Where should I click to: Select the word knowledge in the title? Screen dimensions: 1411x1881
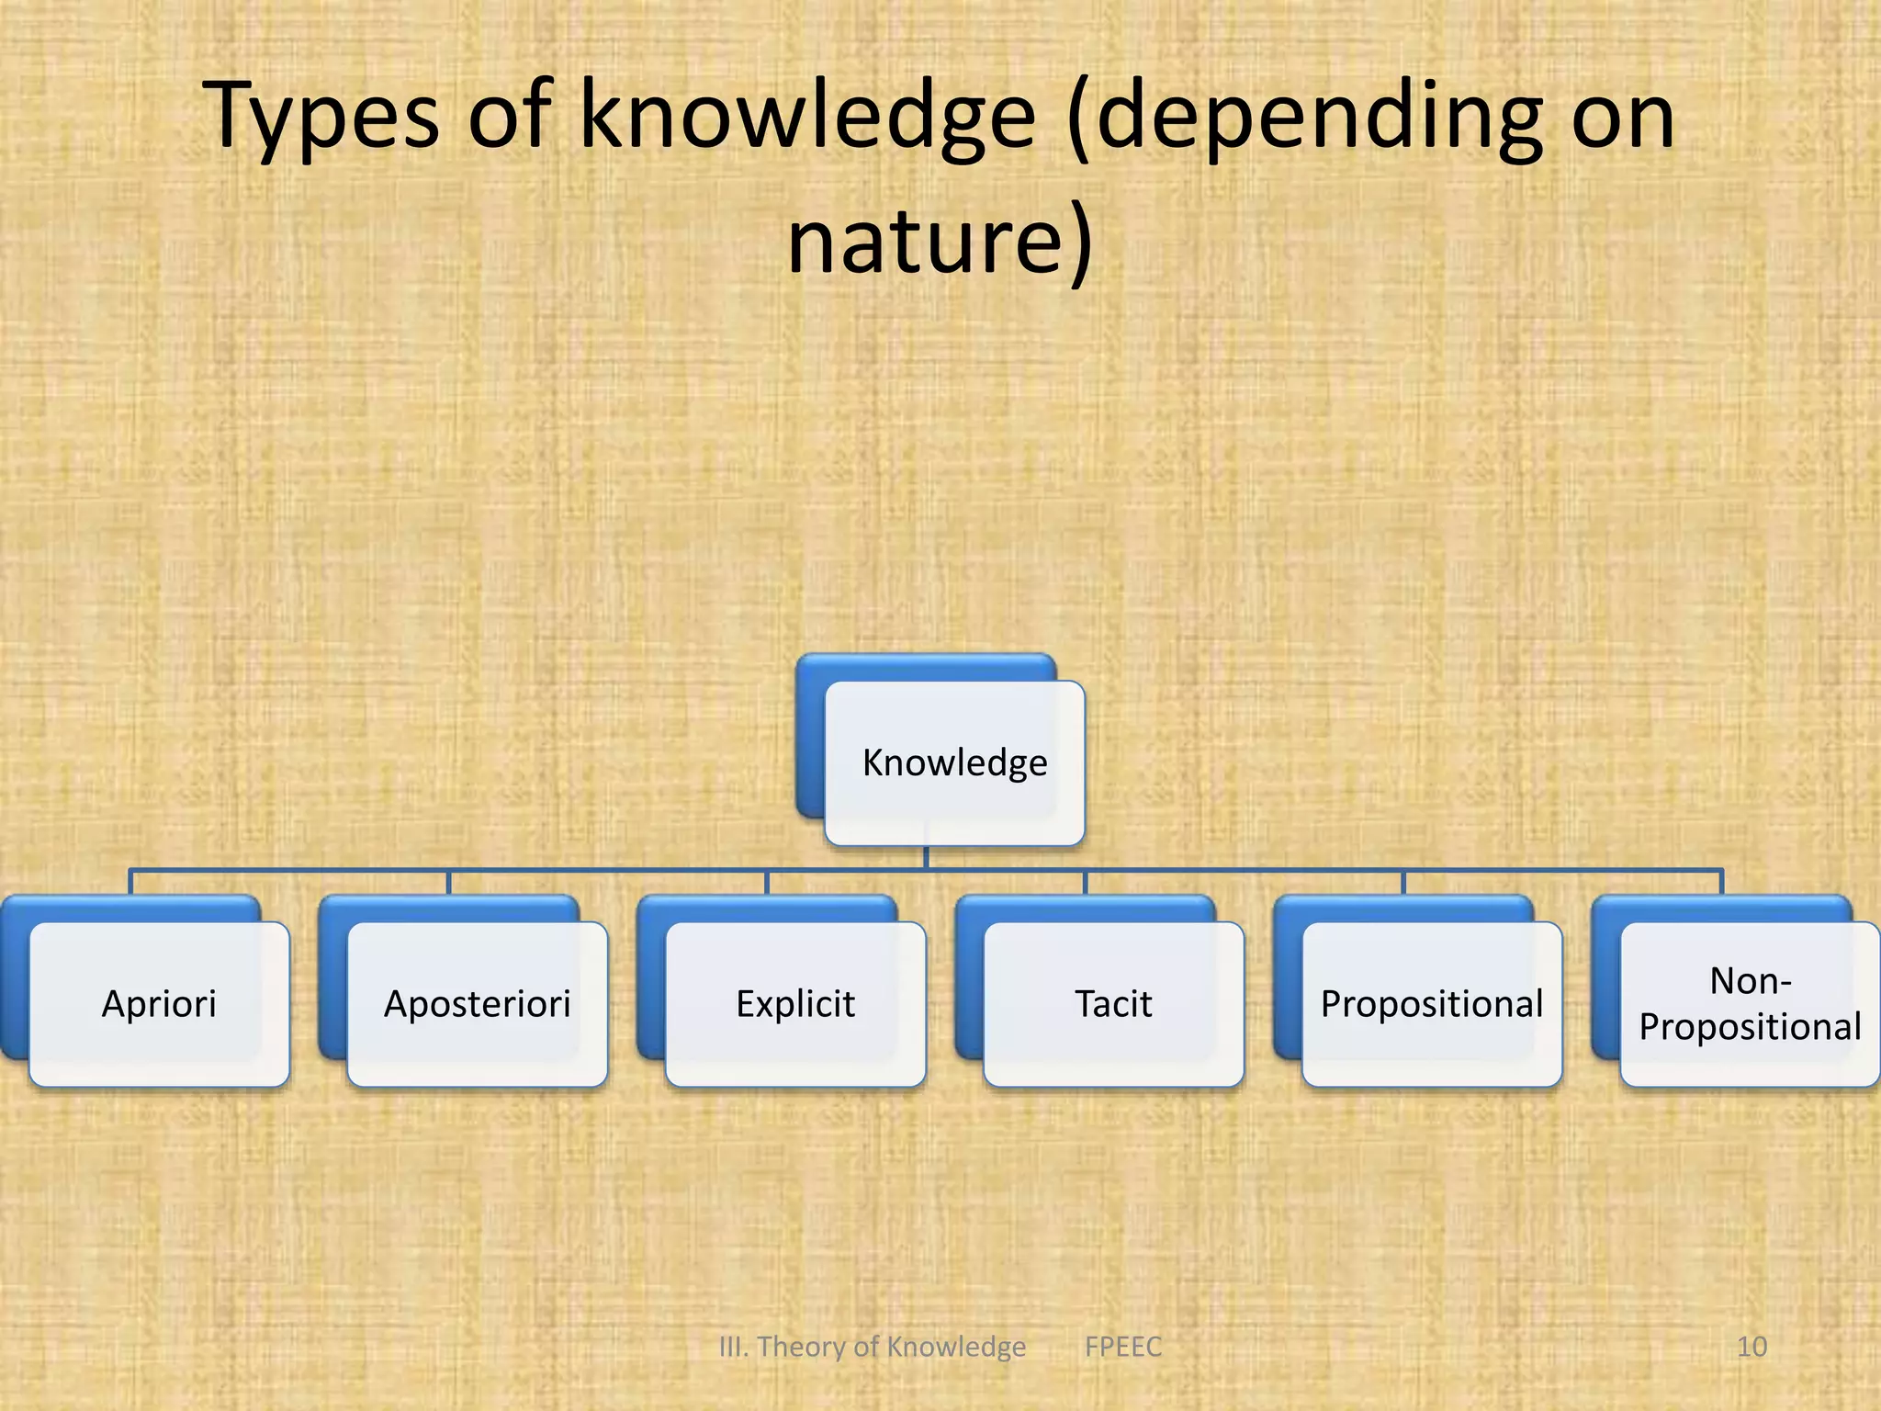click(808, 118)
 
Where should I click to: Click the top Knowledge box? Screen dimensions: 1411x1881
click(954, 762)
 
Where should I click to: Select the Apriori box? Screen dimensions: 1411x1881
click(159, 1004)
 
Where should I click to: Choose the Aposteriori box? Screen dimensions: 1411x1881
click(477, 1004)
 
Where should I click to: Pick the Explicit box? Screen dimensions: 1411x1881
click(795, 1004)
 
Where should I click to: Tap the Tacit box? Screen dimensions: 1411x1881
click(1113, 1004)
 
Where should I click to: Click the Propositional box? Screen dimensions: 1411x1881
click(1431, 1004)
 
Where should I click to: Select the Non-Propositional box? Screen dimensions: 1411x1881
click(1749, 1004)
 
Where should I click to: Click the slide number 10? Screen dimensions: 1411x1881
click(1751, 1347)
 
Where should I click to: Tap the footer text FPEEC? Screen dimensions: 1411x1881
click(1122, 1347)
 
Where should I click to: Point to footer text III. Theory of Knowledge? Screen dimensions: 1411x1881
click(872, 1347)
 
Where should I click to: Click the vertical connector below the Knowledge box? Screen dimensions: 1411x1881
click(926, 858)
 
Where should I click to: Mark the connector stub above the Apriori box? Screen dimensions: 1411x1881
click(130, 883)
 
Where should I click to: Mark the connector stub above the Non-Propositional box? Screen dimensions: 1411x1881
click(1721, 883)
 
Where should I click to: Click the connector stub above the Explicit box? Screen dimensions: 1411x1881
click(767, 883)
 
